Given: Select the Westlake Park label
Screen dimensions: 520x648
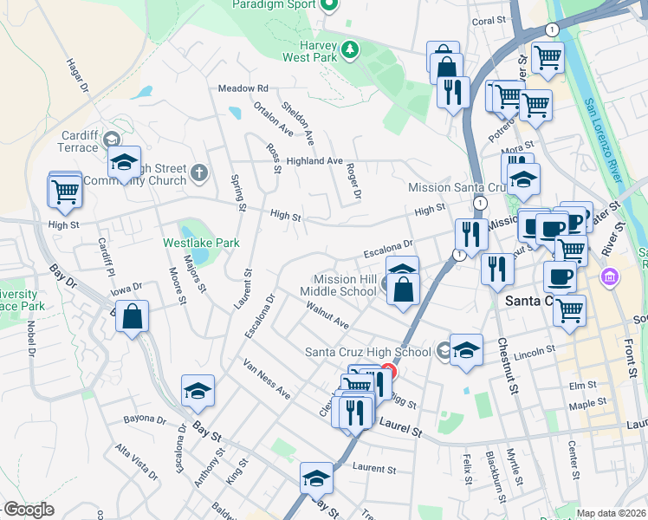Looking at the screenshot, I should coord(201,244).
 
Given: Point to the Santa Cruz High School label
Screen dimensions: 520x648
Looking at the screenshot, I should coord(367,352).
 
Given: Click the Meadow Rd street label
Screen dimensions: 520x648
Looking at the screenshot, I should coord(243,88).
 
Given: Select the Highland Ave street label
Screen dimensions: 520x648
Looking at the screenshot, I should coord(315,161).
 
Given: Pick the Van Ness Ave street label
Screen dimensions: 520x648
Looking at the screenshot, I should coord(267,380).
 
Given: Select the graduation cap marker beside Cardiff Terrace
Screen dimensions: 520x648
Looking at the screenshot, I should coord(124,164).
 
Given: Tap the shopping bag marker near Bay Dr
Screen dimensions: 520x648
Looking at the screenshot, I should coord(132,318).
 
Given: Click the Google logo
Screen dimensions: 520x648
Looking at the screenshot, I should coord(29,510).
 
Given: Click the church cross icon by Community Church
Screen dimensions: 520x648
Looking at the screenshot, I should coord(198,172).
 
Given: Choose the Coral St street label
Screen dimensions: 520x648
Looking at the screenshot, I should coord(488,21).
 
